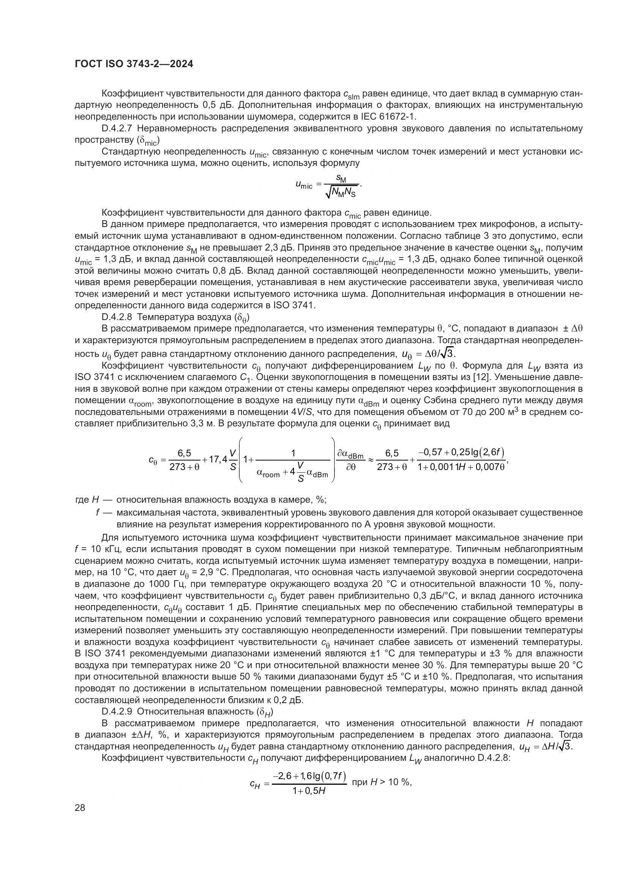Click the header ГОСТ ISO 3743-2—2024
tap(134, 64)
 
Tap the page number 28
tap(80, 807)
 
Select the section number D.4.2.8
tap(118, 317)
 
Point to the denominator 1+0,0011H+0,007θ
tap(461, 467)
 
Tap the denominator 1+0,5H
tap(309, 791)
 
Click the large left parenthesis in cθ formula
tap(240, 459)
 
